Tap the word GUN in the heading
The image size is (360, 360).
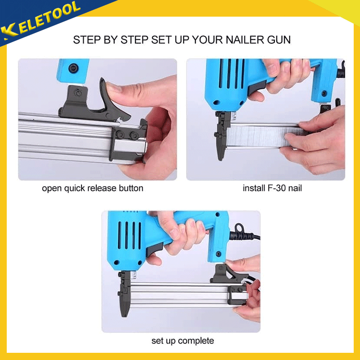279,40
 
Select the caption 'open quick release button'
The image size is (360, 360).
93,188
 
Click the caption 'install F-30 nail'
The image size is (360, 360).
272,188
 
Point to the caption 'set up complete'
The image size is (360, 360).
183,341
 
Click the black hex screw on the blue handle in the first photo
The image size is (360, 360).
73,68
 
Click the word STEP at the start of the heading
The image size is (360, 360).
87,40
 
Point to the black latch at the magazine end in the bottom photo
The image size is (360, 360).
236,295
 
